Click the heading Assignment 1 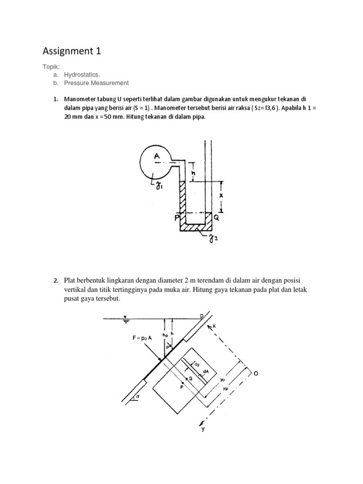click(x=71, y=51)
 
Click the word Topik click(x=52, y=67)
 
